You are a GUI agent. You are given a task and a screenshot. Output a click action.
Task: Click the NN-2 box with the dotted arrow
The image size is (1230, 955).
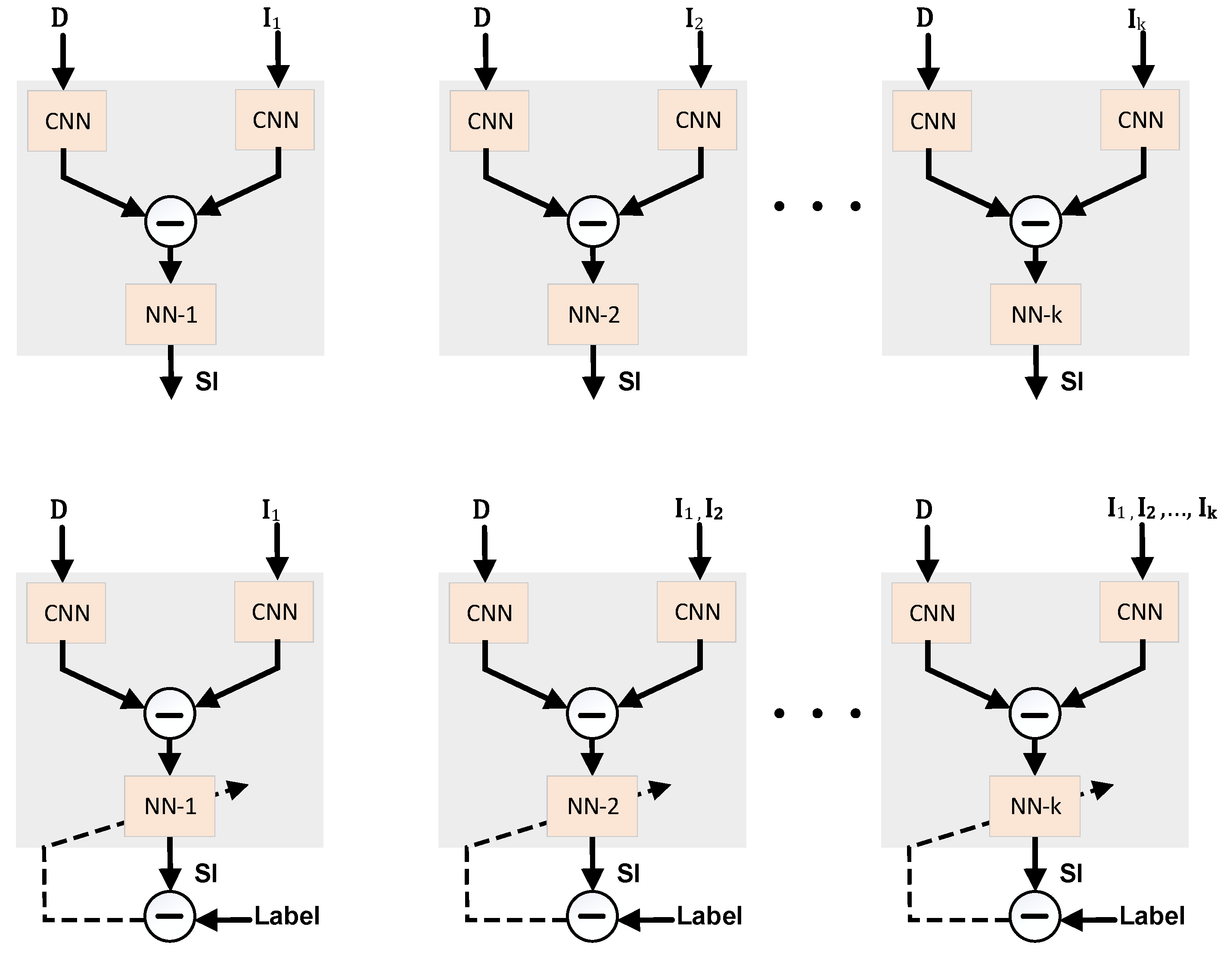coord(592,806)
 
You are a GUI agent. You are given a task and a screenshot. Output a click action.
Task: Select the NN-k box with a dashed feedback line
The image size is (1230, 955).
coord(1034,806)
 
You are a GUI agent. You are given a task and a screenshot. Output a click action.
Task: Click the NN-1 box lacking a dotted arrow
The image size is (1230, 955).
coord(171,314)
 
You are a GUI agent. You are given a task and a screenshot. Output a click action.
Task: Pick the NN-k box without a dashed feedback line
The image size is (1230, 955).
coord(1036,314)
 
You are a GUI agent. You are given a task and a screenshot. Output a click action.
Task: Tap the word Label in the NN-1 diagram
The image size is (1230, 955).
coord(287,916)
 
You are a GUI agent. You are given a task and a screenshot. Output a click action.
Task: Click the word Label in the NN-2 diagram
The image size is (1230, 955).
coord(709,916)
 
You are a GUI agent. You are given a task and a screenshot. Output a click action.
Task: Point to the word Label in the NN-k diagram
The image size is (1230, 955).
coord(1152,916)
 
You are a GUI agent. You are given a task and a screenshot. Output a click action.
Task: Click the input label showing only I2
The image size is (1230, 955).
coord(694,20)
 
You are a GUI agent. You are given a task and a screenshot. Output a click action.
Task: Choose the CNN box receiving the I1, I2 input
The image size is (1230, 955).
coord(697,612)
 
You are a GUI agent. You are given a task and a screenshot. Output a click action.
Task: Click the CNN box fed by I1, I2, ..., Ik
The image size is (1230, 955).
coord(1139,612)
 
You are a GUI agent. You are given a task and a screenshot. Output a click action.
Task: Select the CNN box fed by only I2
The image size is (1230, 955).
coord(697,120)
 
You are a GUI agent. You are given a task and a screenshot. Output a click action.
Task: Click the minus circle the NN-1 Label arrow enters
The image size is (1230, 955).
coord(170,916)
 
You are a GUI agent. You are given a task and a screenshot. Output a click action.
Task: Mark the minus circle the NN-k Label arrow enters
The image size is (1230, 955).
coord(1034,916)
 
